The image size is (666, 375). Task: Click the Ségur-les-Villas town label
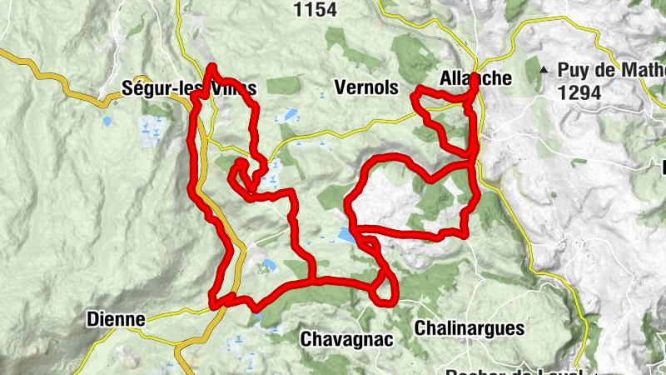(x=188, y=87)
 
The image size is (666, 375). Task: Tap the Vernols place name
(x=365, y=87)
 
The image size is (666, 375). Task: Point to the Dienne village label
(x=116, y=319)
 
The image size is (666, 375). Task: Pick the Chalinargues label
(x=469, y=327)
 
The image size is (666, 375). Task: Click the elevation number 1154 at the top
(x=316, y=9)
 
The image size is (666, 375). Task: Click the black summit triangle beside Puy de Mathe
(x=544, y=70)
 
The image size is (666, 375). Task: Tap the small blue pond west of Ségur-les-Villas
(x=107, y=121)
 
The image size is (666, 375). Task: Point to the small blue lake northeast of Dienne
(x=267, y=267)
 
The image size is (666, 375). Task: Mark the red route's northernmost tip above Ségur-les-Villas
(x=213, y=67)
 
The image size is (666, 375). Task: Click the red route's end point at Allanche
(x=473, y=81)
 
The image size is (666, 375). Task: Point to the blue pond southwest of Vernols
(x=290, y=114)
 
